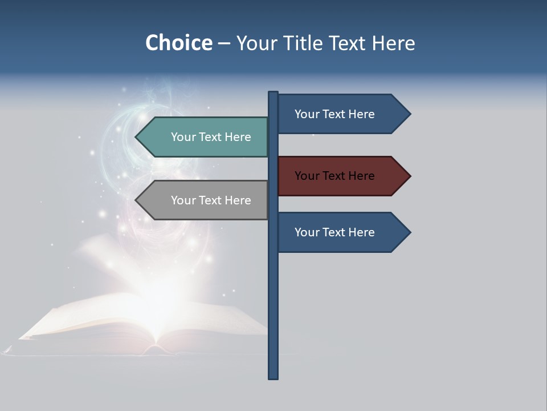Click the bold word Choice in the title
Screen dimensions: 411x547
178,43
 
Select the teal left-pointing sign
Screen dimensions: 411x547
211,137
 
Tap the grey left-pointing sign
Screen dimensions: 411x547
211,200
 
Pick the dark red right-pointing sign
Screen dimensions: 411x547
336,176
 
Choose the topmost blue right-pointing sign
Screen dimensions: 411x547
336,114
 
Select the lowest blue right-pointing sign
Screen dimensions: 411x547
336,232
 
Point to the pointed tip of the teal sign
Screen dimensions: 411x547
137,137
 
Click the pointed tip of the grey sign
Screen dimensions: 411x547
137,200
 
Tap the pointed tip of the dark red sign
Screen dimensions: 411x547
409,176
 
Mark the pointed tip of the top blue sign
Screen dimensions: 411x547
409,114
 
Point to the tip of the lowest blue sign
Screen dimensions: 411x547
409,232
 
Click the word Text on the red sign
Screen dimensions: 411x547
334,176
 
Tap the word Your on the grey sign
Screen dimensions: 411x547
183,200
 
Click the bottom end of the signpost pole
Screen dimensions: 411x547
273,377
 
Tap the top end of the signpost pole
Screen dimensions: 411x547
273,93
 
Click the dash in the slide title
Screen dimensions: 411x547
224,43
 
